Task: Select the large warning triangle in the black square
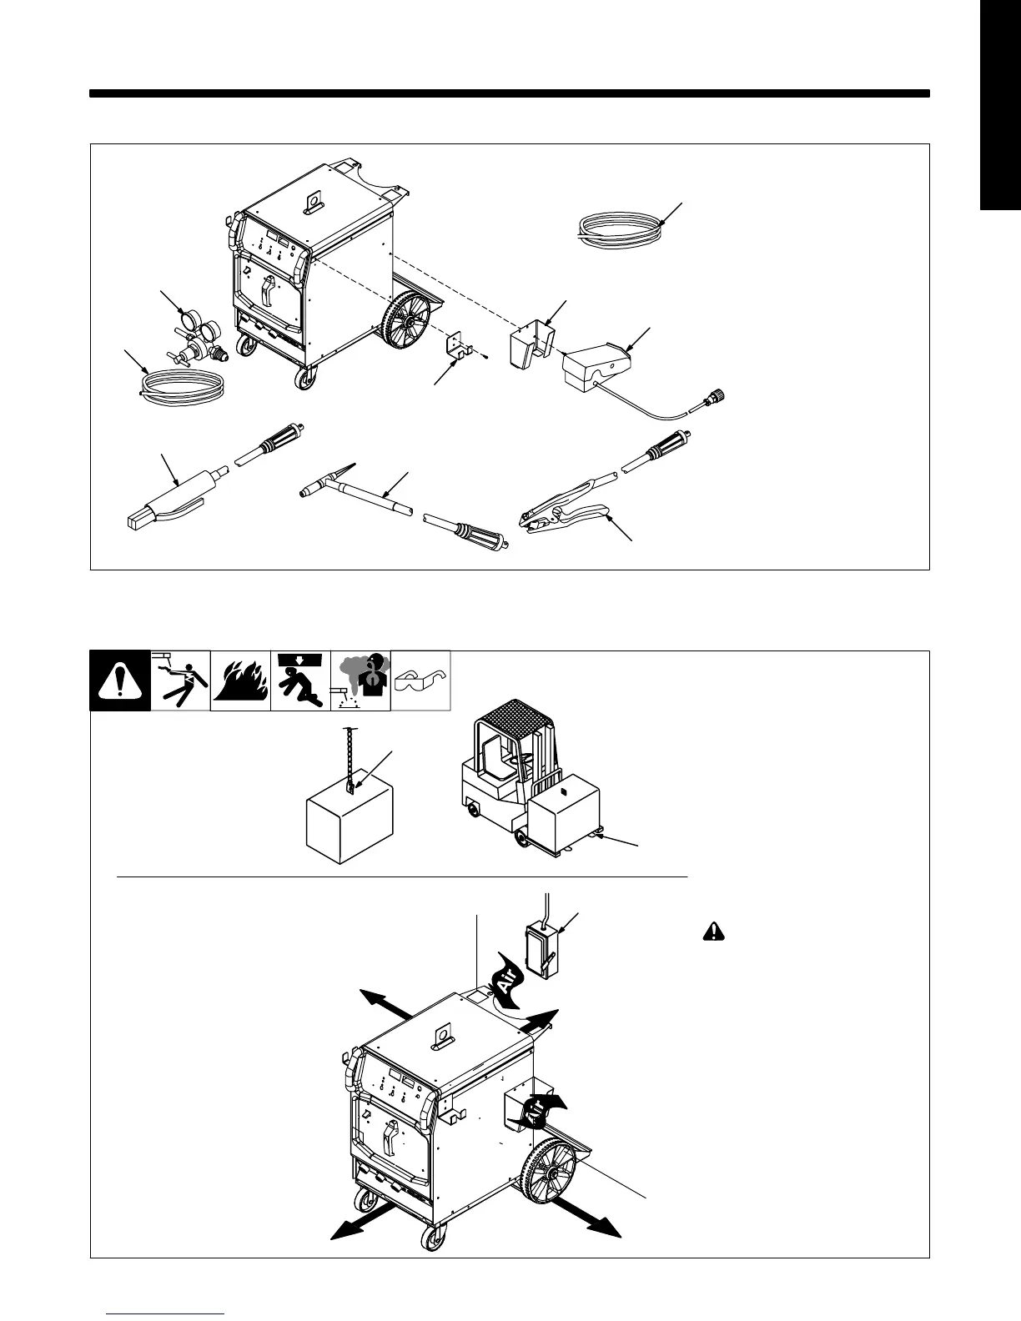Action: pos(120,682)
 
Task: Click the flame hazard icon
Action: pos(240,681)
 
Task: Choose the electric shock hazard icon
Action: pos(180,681)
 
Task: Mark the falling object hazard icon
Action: pos(301,681)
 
